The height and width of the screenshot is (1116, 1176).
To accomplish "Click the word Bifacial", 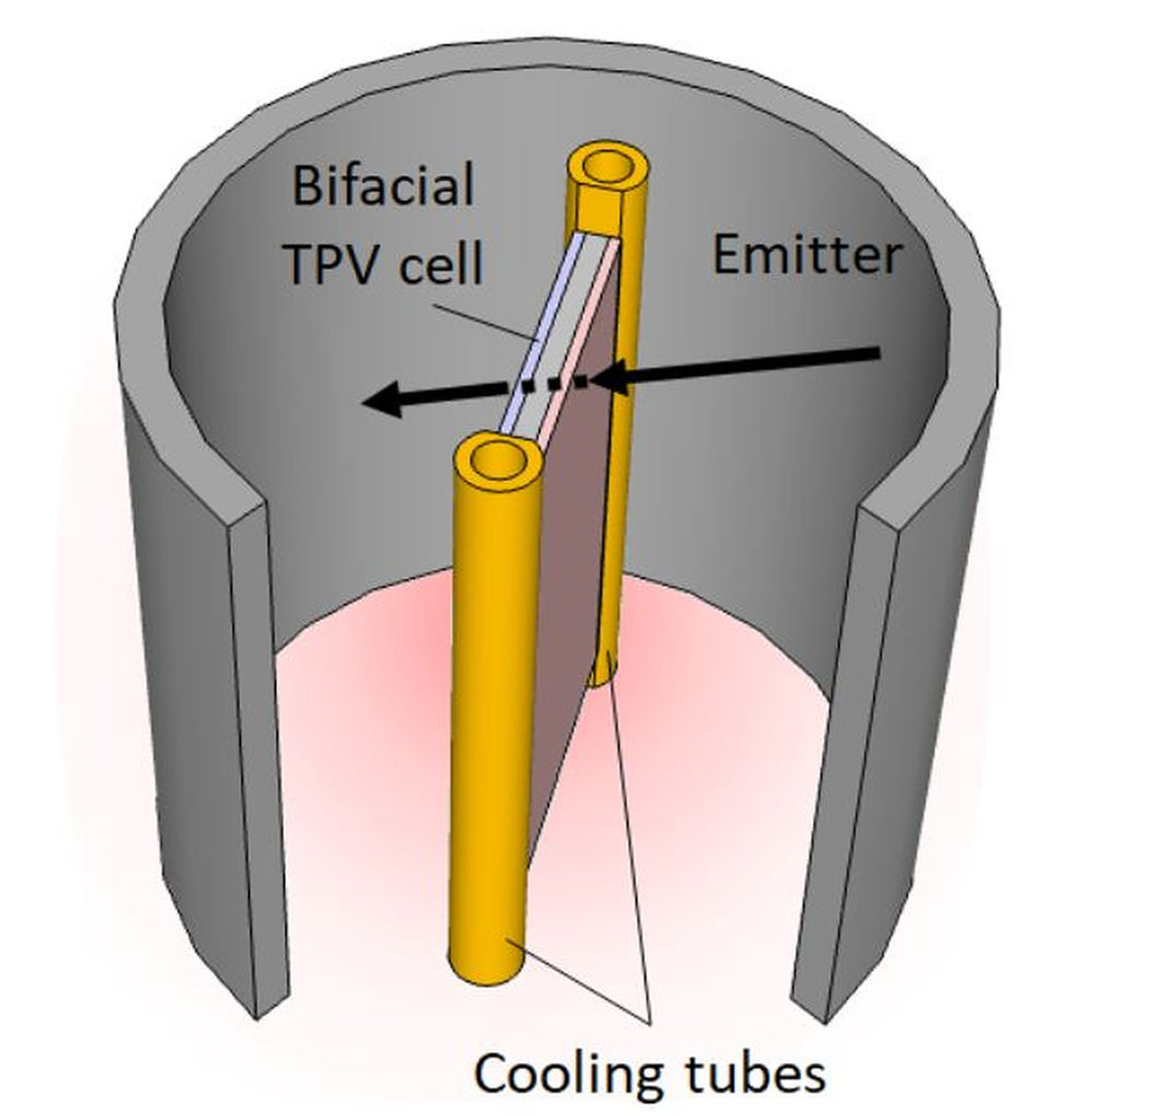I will (383, 185).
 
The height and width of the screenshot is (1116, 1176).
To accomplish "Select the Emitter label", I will (806, 256).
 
